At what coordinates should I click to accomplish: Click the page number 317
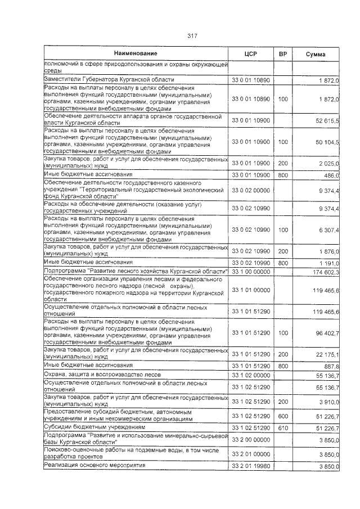[191, 37]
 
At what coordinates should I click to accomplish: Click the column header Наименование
[136, 53]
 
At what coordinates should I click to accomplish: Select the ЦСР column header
[251, 53]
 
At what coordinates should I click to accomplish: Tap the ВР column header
[283, 53]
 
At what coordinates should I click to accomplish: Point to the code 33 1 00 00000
[251, 272]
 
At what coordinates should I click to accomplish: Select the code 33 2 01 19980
[251, 466]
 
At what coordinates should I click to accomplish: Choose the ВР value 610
[283, 427]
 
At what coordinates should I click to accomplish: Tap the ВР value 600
[283, 416]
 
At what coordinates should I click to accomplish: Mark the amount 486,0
[330, 175]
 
